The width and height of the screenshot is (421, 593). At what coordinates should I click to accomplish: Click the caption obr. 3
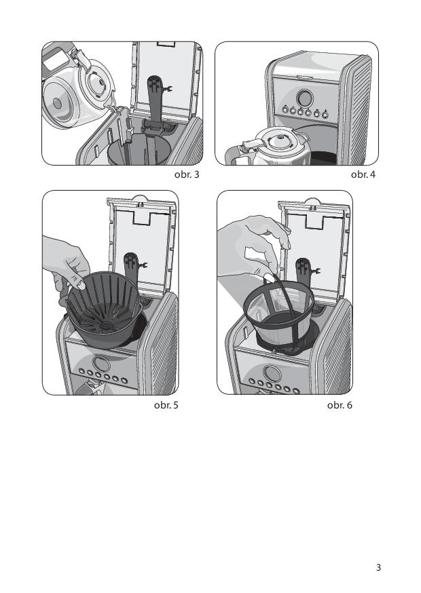187,175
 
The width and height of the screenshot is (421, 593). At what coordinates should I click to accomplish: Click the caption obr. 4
363,175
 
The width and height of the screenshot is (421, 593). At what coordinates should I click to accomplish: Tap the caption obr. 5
166,405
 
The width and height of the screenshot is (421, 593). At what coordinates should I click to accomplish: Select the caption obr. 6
340,405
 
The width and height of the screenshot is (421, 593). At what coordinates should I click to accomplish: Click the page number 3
378,567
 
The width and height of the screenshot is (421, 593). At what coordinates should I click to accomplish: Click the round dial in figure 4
305,98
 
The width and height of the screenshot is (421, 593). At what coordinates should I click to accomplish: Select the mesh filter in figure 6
278,315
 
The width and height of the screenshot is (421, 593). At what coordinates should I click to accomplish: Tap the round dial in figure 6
272,373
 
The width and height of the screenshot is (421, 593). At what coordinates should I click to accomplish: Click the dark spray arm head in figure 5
132,265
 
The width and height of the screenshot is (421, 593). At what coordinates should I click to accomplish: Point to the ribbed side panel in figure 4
361,110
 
